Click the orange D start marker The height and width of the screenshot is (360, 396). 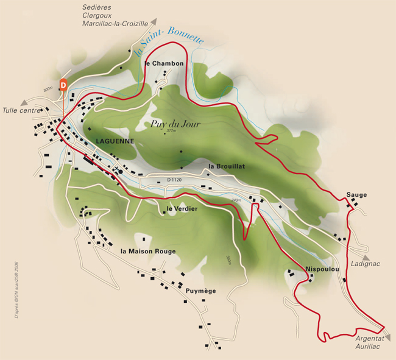tap(63, 85)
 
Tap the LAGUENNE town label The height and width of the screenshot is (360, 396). tap(115, 141)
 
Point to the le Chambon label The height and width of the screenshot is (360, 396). tap(164, 63)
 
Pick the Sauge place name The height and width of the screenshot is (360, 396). tap(356, 195)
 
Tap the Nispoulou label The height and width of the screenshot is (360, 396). tap(322, 269)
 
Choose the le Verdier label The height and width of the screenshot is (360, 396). tap(182, 209)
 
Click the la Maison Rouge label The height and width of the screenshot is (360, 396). tap(148, 251)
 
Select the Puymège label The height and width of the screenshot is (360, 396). tap(201, 291)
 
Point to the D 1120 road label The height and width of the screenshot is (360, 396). tap(174, 180)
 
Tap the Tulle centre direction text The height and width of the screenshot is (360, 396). tap(21, 111)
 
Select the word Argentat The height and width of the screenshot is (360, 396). tap(370, 338)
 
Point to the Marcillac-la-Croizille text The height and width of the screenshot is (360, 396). tap(115, 24)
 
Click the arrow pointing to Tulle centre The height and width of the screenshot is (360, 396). tap(24, 102)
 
